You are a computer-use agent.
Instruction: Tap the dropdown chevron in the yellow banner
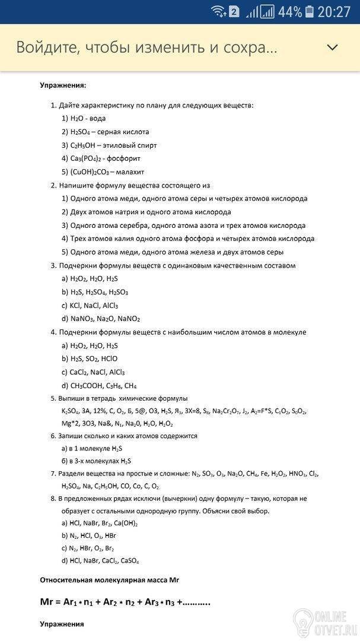332,47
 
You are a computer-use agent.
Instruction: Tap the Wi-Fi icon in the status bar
218,11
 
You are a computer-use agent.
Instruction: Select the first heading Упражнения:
63,85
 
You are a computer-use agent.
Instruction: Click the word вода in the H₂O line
98,118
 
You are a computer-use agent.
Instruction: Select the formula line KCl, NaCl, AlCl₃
93,306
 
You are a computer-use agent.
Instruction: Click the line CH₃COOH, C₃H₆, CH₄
103,386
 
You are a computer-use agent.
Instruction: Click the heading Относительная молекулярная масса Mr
109,579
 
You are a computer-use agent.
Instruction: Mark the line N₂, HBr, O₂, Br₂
91,548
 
